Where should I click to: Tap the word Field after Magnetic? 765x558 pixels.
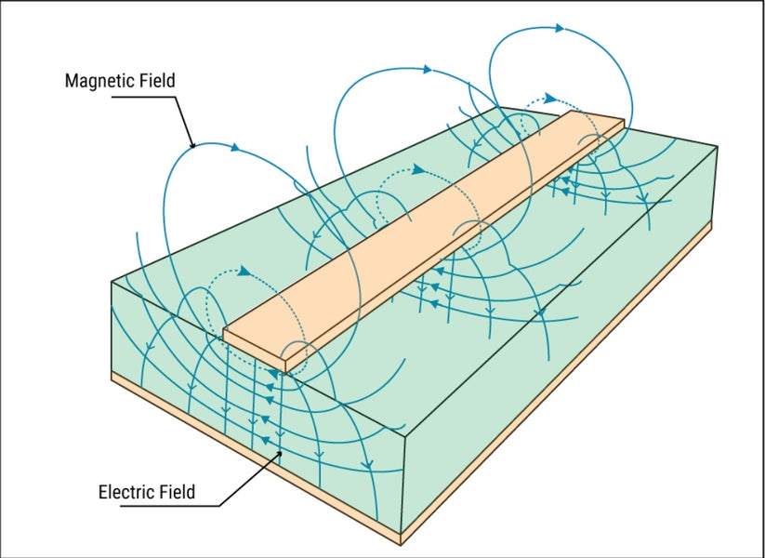pyautogui.click(x=158, y=81)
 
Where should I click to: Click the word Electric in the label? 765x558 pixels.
pyautogui.click(x=126, y=491)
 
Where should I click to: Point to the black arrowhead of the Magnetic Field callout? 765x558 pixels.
pyautogui.click(x=192, y=145)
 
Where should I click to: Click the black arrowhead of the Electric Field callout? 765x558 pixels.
pyautogui.click(x=280, y=454)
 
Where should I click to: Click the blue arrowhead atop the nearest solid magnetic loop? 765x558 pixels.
pyautogui.click(x=235, y=147)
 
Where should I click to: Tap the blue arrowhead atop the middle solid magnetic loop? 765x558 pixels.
pyautogui.click(x=428, y=70)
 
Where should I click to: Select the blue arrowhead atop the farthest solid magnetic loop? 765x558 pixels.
pyautogui.click(x=561, y=28)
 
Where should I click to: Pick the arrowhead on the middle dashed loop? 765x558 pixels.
pyautogui.click(x=418, y=170)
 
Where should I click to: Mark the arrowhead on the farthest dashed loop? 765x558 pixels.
pyautogui.click(x=551, y=99)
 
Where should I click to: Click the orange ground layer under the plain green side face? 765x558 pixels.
pyautogui.click(x=556, y=381)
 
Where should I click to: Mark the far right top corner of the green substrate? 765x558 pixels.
pyautogui.click(x=718, y=146)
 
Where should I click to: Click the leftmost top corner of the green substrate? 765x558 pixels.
pyautogui.click(x=112, y=282)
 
